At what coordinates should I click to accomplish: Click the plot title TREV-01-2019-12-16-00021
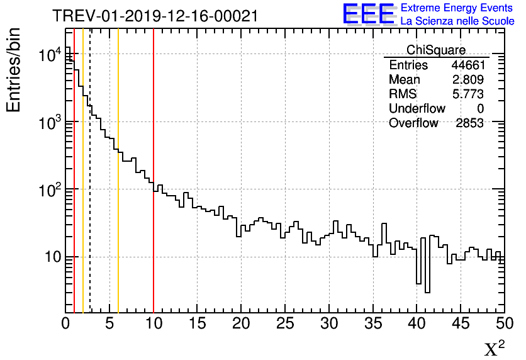pyautogui.click(x=155, y=16)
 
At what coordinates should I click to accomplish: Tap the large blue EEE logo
pyautogui.click(x=369, y=14)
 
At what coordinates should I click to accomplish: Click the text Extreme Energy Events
pyautogui.click(x=457, y=8)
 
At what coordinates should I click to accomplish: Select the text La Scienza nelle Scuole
pyautogui.click(x=457, y=21)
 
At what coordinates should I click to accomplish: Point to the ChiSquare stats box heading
pyautogui.click(x=436, y=50)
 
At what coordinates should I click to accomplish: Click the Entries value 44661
pyautogui.click(x=467, y=65)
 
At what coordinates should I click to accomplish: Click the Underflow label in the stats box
pyautogui.click(x=417, y=109)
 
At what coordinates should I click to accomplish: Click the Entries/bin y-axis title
pyautogui.click(x=13, y=69)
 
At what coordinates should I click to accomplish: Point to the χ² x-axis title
pyautogui.click(x=494, y=348)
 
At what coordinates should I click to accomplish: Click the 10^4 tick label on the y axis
pyautogui.click(x=50, y=55)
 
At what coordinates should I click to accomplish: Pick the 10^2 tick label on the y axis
pyautogui.click(x=50, y=189)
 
